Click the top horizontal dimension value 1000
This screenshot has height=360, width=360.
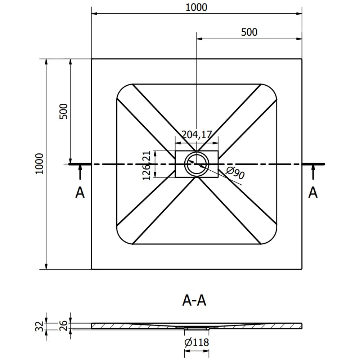(x=197, y=7)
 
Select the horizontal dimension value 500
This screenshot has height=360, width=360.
(x=249, y=32)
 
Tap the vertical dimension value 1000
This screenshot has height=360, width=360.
(x=39, y=164)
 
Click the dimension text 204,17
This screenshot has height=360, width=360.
(x=196, y=135)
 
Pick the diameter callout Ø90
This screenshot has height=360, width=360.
(x=236, y=173)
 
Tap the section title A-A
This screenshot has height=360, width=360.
(x=194, y=300)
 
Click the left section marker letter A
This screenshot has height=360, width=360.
(x=80, y=193)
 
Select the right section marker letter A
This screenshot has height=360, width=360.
(x=313, y=193)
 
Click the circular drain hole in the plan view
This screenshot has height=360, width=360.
(x=197, y=164)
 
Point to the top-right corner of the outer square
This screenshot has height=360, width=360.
(x=302, y=59)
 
